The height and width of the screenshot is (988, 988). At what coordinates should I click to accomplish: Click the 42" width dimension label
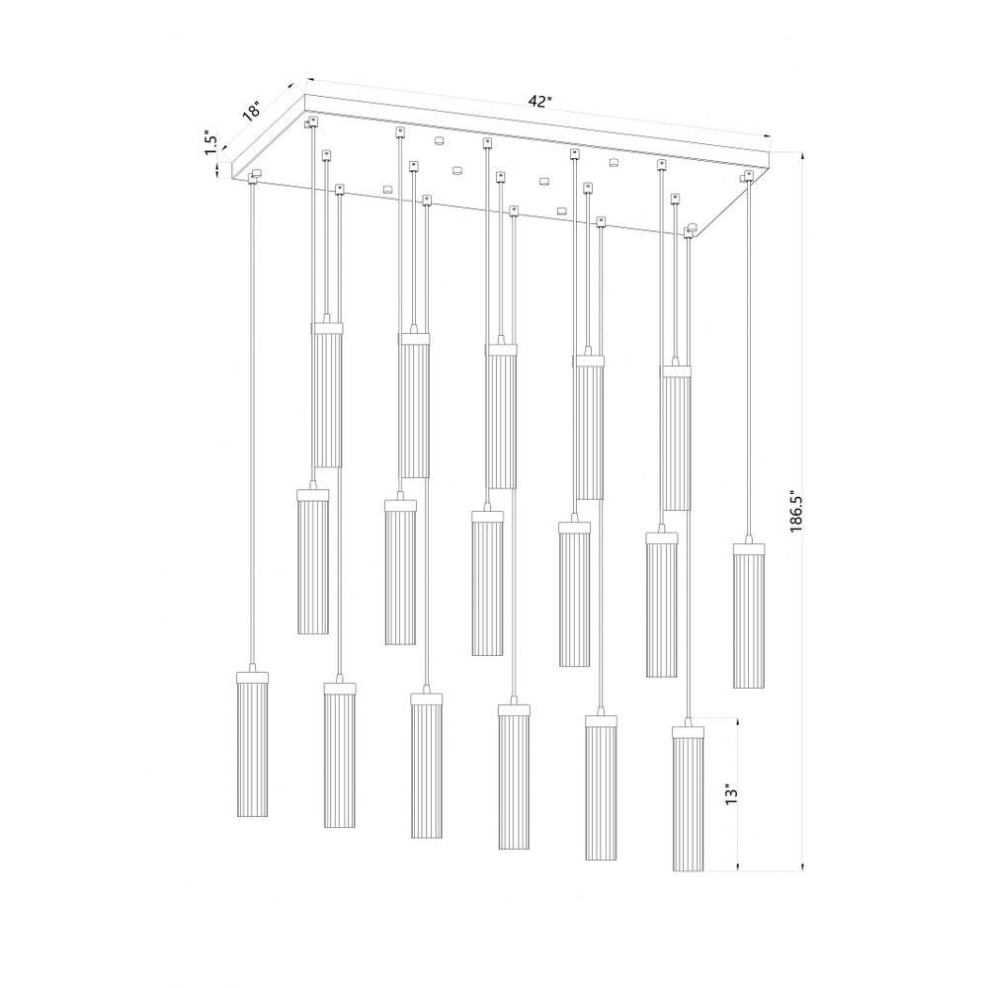(540, 102)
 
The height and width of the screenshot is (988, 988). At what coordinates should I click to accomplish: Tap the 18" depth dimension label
(251, 111)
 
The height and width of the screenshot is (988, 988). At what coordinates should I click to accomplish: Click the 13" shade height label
(730, 794)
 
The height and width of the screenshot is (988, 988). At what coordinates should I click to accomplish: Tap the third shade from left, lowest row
(427, 766)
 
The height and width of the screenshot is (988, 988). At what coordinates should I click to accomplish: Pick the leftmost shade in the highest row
(328, 395)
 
